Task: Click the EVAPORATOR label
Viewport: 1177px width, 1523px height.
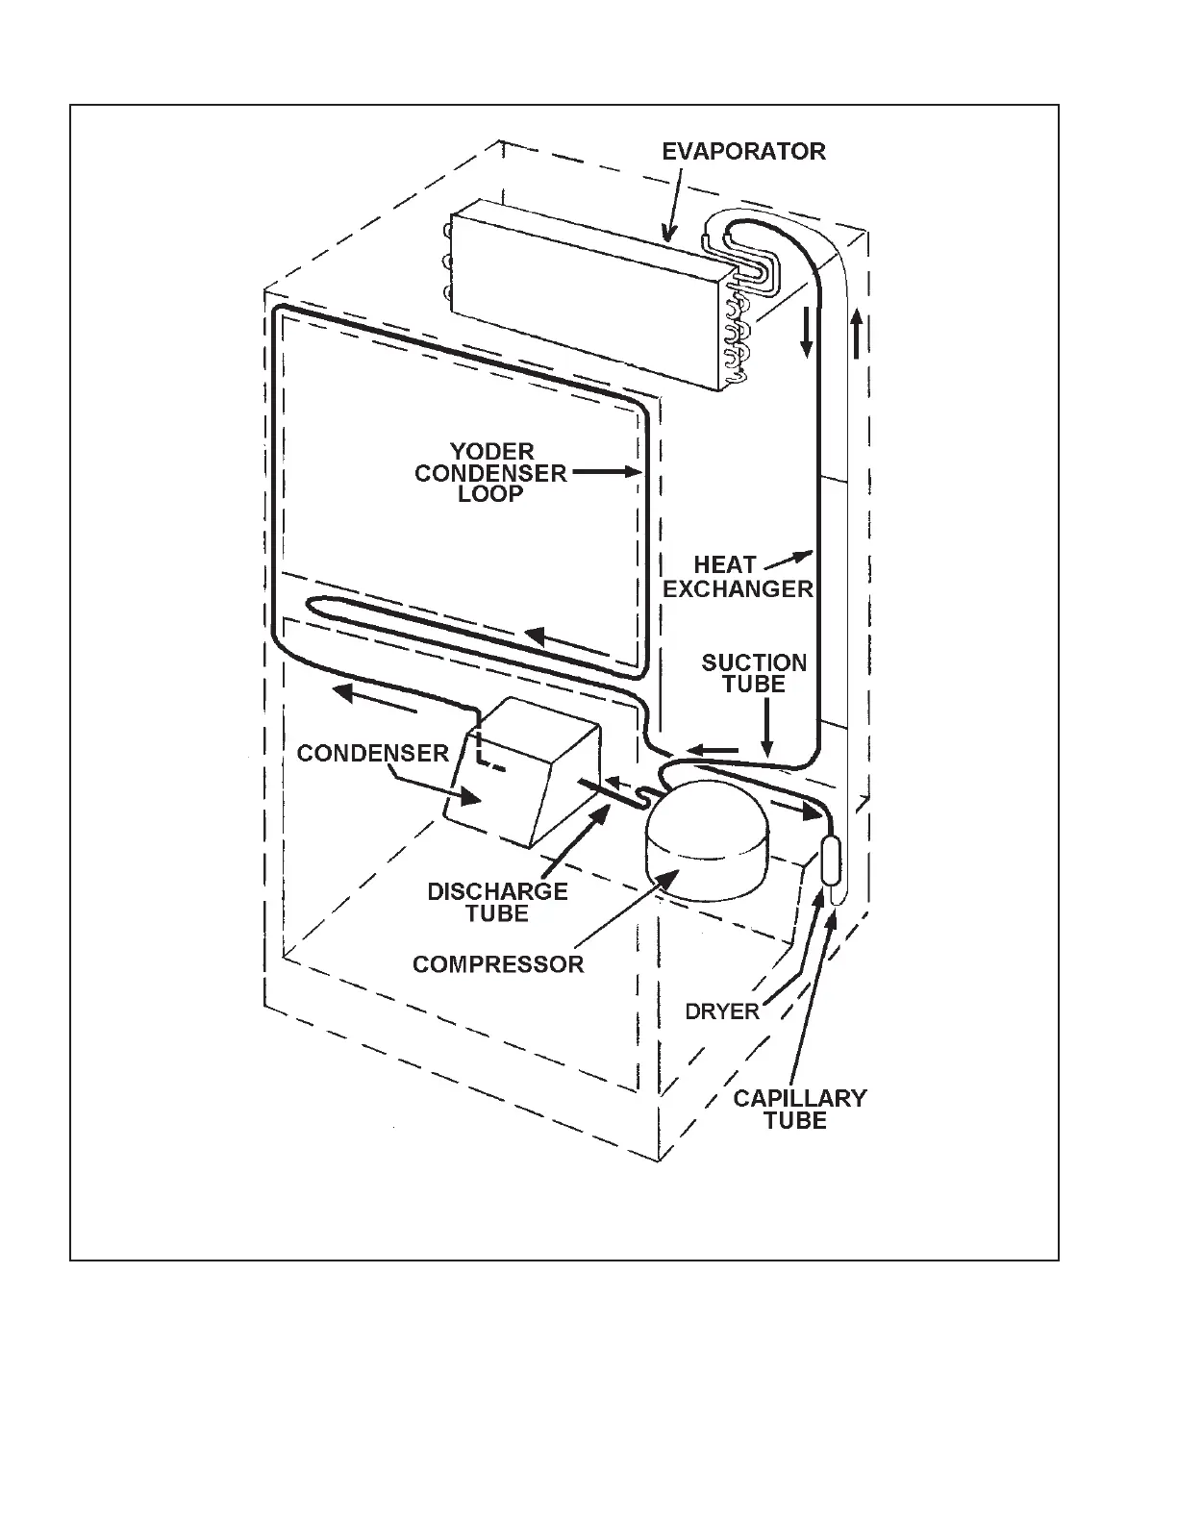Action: coord(743,151)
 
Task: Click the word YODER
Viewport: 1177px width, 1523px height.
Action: coord(491,451)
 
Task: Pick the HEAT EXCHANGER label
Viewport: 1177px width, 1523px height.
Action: coord(738,577)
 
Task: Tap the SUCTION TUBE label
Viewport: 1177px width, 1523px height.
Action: coord(754,673)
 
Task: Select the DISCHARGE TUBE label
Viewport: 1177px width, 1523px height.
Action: coord(497,902)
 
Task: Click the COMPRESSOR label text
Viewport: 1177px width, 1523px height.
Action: coord(498,963)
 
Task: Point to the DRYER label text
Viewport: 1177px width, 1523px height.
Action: coord(722,1011)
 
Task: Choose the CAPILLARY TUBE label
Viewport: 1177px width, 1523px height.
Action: coord(799,1109)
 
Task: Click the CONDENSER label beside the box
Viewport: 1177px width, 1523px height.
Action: coord(373,752)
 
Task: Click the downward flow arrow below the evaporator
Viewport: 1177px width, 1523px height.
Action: coord(807,332)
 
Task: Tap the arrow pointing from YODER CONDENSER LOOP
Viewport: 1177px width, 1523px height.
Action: coord(607,472)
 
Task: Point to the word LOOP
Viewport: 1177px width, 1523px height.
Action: coord(490,494)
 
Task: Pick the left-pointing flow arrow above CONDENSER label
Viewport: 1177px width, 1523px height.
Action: coord(376,698)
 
